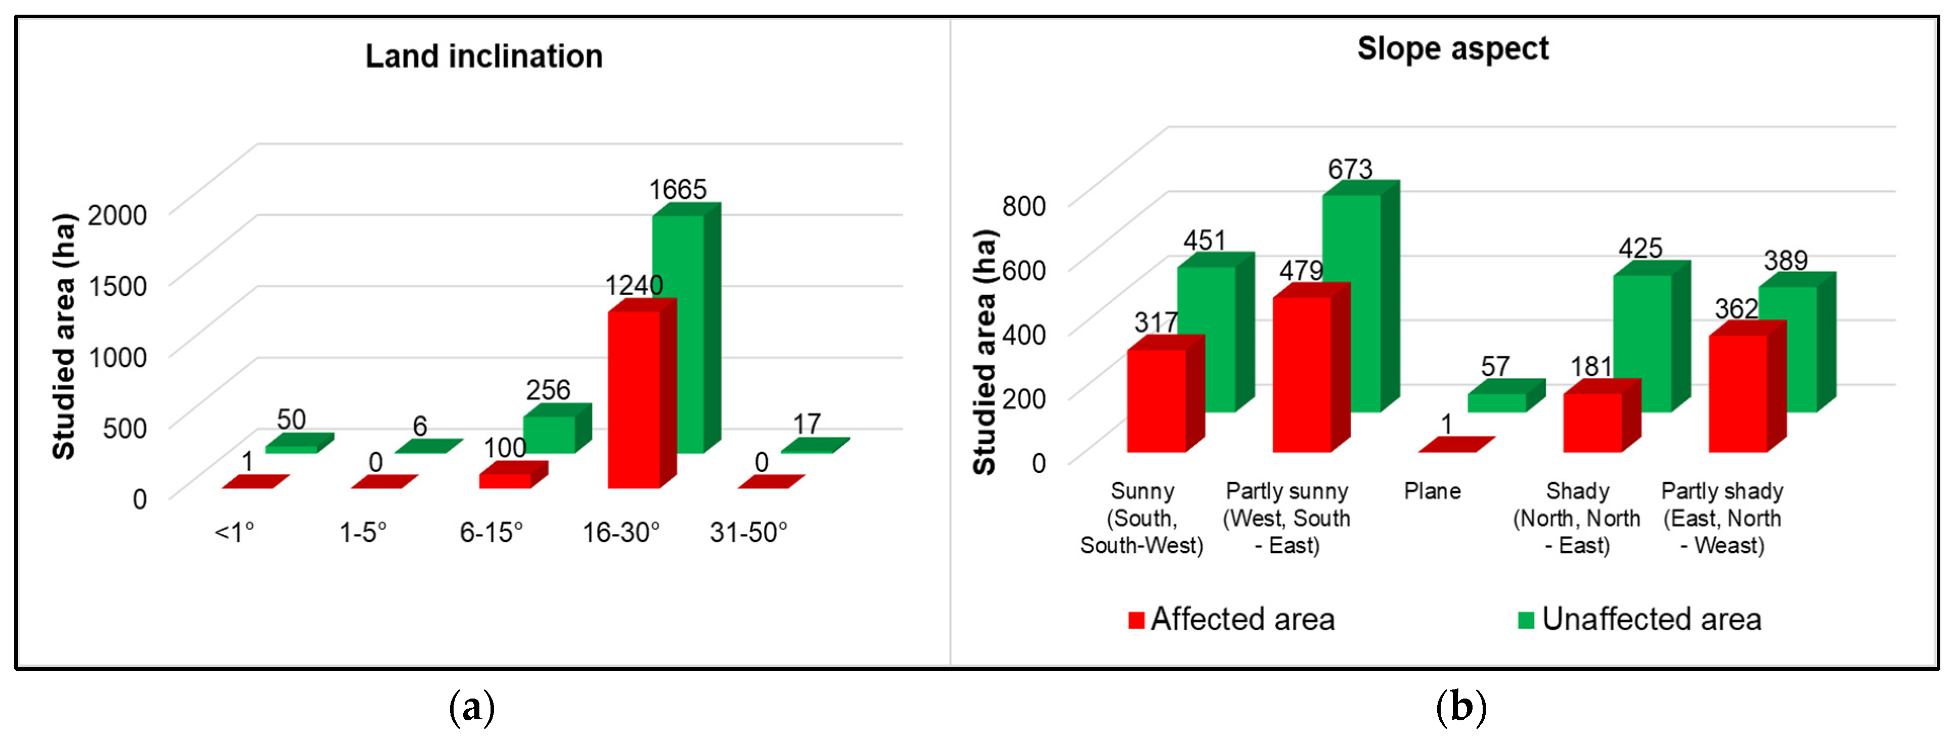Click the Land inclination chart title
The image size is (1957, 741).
coord(484,56)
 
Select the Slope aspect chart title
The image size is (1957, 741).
coord(1452,49)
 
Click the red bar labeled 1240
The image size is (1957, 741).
coord(634,399)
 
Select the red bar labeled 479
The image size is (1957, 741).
coord(1301,374)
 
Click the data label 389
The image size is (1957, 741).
coord(1785,260)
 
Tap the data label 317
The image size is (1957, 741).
coord(1155,322)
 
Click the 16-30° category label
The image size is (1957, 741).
coord(620,532)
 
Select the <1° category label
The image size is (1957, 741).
coord(234,532)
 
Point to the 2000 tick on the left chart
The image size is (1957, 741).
coord(117,215)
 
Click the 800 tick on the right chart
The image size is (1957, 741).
coord(1024,206)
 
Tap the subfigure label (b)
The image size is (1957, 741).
coord(1460,707)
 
